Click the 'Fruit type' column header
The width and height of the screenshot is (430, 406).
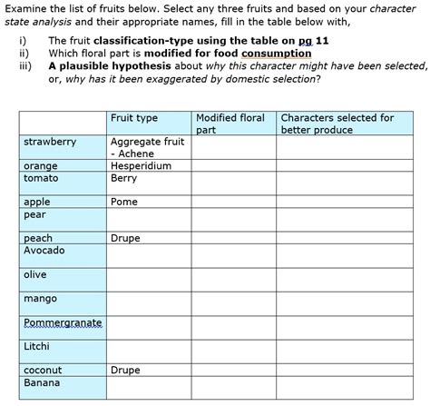(x=134, y=119)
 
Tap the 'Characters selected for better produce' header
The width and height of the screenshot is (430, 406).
(x=337, y=124)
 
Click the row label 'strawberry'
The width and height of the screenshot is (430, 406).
(x=51, y=143)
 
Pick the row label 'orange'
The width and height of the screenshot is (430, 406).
(x=41, y=166)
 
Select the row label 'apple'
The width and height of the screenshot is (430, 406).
(x=38, y=202)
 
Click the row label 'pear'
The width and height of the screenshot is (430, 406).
(x=35, y=214)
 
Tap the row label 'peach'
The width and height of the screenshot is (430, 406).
(x=39, y=238)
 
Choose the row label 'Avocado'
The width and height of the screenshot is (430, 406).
(x=44, y=250)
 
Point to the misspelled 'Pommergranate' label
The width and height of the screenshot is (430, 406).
(x=63, y=323)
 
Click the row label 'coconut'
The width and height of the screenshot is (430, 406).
(x=44, y=371)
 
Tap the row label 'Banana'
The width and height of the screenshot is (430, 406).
(x=42, y=382)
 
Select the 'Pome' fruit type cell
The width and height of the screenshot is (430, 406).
(x=125, y=202)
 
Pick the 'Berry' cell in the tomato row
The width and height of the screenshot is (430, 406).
(x=124, y=178)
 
